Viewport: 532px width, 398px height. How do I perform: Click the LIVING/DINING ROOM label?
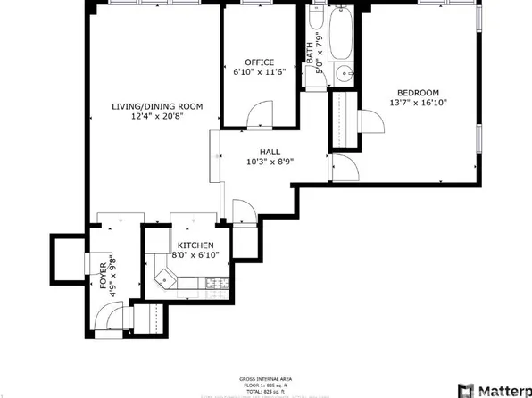tap(157, 106)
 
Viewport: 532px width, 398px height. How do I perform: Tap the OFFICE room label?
tap(247, 62)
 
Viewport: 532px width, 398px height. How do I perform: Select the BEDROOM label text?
tap(418, 93)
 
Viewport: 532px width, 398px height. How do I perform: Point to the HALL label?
tap(270, 152)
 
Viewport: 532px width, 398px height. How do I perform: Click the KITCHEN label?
tap(195, 245)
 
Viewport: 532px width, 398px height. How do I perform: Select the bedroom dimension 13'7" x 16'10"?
tap(418, 103)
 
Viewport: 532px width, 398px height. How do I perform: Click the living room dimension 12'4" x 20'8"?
tap(157, 116)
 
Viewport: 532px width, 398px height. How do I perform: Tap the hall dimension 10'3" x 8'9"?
tap(270, 162)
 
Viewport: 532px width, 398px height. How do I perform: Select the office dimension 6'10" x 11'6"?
tap(247, 71)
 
